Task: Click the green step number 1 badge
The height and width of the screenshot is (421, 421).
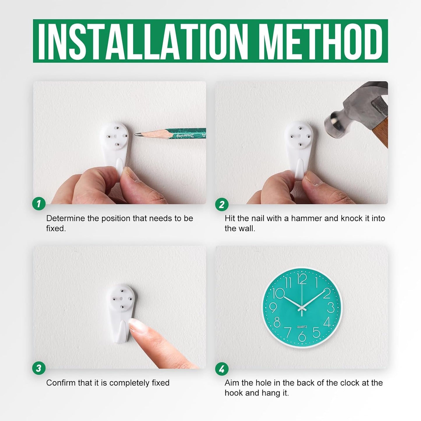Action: (39, 204)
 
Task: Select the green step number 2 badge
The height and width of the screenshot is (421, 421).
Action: (221, 205)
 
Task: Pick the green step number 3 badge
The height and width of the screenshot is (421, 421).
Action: (39, 368)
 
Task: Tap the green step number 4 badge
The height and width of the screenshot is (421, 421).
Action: (221, 369)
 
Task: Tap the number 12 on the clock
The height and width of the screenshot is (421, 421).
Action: (302, 279)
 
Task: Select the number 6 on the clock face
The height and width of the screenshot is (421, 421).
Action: (302, 336)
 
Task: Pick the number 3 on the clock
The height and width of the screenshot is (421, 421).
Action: (331, 308)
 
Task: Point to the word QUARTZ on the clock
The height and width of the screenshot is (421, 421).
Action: (302, 327)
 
